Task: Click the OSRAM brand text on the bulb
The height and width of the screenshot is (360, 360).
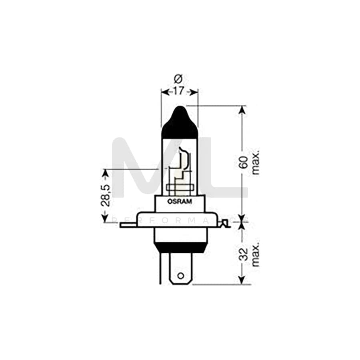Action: click(180, 202)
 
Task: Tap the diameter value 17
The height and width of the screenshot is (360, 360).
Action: click(179, 92)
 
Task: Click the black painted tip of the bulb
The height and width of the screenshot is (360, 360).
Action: click(180, 120)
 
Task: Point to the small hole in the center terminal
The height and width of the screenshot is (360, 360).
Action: click(180, 276)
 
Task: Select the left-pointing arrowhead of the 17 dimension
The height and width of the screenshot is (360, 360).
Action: click(164, 92)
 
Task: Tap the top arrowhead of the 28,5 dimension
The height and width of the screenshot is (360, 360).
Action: click(105, 173)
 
